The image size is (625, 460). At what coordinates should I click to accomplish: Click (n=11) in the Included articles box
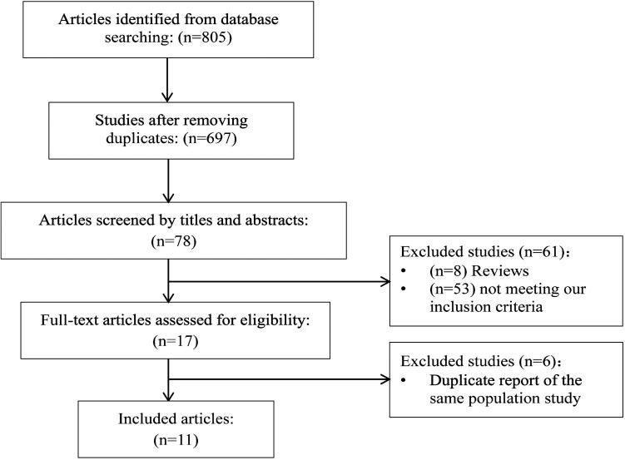point(170,438)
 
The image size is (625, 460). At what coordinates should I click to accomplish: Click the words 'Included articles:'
point(169,418)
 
